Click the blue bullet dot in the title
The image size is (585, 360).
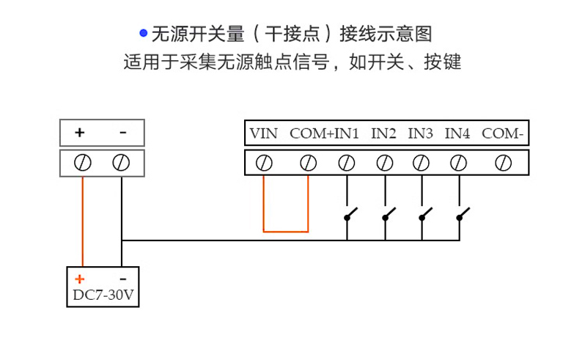click(x=144, y=34)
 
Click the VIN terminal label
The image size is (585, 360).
click(x=263, y=133)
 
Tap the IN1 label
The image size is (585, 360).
click(x=347, y=133)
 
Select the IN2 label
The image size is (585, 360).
click(x=383, y=133)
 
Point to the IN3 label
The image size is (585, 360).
click(x=421, y=133)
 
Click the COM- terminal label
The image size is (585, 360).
click(x=503, y=133)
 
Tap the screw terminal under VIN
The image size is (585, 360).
click(x=264, y=162)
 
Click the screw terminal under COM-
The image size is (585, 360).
click(x=503, y=162)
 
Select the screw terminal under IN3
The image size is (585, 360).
click(x=421, y=162)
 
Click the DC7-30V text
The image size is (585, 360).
click(x=102, y=296)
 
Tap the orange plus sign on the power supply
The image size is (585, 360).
click(x=80, y=279)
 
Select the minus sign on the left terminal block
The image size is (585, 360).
click(x=122, y=133)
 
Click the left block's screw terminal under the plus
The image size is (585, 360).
click(x=83, y=162)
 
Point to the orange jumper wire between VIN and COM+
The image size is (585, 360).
click(x=286, y=231)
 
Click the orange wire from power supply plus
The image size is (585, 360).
click(x=83, y=220)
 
